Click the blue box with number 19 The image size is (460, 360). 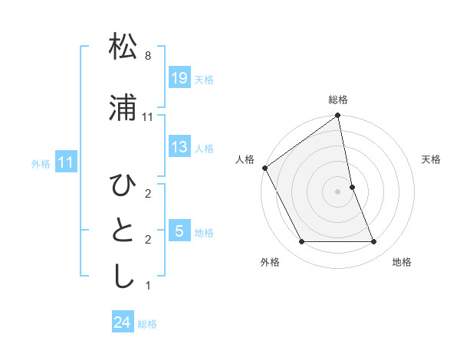tap(179, 78)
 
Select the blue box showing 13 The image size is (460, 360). tap(179, 147)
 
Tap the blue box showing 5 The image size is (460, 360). tap(179, 231)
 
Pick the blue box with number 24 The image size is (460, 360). tap(123, 322)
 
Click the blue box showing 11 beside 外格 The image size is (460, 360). tap(66, 162)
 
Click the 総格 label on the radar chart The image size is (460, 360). tap(338, 100)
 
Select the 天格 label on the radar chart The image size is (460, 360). tap(431, 159)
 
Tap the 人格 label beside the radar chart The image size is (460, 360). tap(245, 159)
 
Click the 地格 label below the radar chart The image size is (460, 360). tap(402, 262)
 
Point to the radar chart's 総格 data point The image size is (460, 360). tap(338, 116)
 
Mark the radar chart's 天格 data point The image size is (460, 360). tap(352, 186)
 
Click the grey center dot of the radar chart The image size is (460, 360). tap(338, 191)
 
